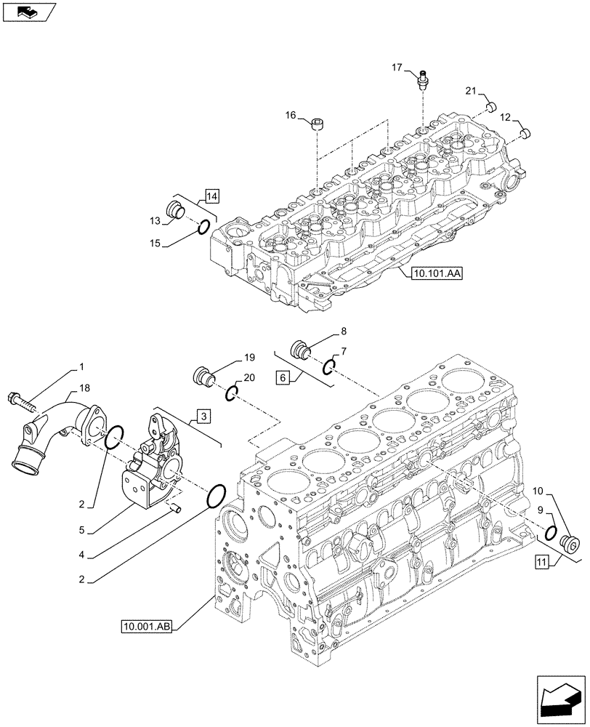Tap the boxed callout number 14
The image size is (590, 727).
pyautogui.click(x=211, y=195)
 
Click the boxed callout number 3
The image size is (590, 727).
pyautogui.click(x=203, y=416)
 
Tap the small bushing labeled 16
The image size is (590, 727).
pyautogui.click(x=318, y=126)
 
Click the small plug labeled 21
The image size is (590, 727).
pyautogui.click(x=490, y=108)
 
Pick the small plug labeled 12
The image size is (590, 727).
pyautogui.click(x=527, y=132)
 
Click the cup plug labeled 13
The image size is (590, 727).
pyautogui.click(x=175, y=209)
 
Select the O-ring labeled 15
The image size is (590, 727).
pyautogui.click(x=204, y=228)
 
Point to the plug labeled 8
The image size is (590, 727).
pyautogui.click(x=299, y=350)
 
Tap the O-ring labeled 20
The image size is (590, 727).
pyautogui.click(x=231, y=393)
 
